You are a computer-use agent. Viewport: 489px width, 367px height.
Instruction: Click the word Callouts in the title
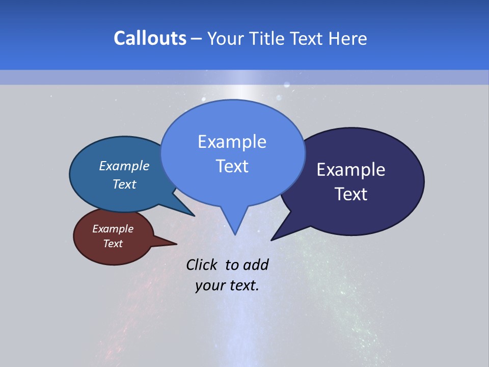click(150, 38)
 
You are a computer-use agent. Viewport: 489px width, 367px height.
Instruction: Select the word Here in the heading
click(348, 38)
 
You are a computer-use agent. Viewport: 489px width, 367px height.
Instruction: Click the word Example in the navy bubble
click(351, 170)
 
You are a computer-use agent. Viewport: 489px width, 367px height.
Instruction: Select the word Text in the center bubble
click(232, 166)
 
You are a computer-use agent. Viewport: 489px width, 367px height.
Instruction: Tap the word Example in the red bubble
click(113, 229)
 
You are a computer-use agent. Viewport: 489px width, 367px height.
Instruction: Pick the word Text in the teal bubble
click(124, 184)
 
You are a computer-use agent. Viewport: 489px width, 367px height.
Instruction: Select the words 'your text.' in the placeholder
click(227, 285)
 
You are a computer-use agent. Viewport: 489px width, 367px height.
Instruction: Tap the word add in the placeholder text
click(256, 265)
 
